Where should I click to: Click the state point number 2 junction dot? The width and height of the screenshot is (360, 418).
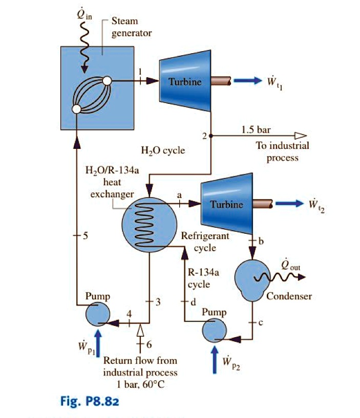[211, 136]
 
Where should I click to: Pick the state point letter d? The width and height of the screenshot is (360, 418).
[193, 301]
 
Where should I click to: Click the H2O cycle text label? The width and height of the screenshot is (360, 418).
[162, 151]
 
